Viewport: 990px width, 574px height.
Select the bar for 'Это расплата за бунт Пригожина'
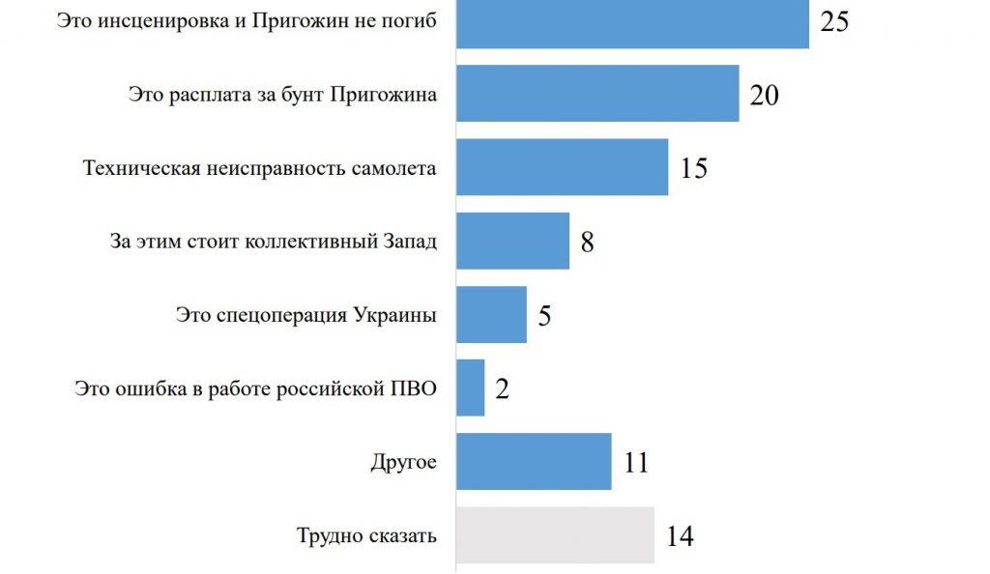point(597,94)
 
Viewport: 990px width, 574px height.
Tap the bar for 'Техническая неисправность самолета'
point(562,167)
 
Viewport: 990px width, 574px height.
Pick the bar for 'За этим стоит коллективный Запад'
point(512,241)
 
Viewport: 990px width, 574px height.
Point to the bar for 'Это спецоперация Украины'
point(491,314)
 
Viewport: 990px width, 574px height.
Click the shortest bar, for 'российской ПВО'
point(470,387)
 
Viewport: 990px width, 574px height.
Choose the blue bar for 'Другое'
point(534,461)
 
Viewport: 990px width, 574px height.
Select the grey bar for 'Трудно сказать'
point(555,534)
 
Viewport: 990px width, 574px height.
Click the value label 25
point(834,21)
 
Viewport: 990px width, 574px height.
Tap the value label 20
point(764,95)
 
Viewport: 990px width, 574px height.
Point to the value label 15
point(693,168)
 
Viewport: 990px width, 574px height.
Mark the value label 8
point(587,242)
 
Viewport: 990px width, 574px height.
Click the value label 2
point(502,388)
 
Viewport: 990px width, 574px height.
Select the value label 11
point(635,462)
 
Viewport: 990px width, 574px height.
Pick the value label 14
point(680,536)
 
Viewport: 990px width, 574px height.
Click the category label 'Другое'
point(403,462)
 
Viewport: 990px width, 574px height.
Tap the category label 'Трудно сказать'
point(366,535)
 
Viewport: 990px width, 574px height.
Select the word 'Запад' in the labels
point(411,242)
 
